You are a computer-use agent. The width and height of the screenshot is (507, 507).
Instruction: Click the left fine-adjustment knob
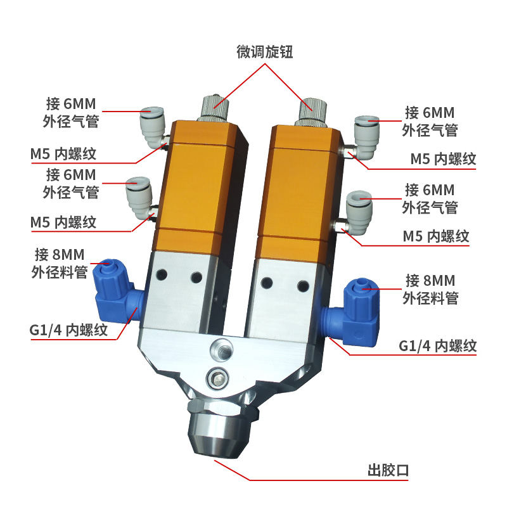(214, 107)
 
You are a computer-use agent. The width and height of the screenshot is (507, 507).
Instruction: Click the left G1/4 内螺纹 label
(68, 330)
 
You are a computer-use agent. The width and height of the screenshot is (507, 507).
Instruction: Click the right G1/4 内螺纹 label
(438, 346)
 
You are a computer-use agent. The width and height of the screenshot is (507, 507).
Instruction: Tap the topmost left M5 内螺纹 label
(63, 153)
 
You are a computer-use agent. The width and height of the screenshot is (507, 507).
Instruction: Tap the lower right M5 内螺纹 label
(436, 236)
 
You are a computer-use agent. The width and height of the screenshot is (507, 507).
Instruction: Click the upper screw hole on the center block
(222, 347)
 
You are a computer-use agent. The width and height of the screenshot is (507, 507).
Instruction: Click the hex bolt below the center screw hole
(218, 377)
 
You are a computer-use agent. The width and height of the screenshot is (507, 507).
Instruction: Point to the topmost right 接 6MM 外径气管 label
(430, 122)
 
